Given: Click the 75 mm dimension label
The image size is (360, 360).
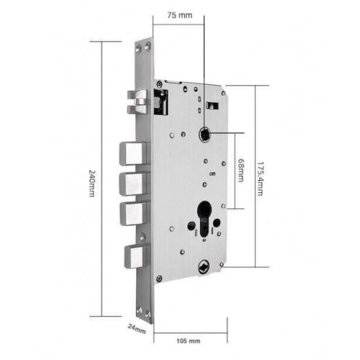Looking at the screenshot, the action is (180, 15).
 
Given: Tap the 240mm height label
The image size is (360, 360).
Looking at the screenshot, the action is (92, 184).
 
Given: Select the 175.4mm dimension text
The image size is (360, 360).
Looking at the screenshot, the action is (260, 179).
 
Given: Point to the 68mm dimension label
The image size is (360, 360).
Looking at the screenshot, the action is (240, 171).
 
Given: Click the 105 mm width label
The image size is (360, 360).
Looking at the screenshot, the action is (189, 341).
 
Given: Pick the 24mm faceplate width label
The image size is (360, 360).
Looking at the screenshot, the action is (137, 329).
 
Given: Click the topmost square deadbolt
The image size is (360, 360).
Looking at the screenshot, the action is (133, 153).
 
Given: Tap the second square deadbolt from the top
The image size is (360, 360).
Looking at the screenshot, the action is (134, 184).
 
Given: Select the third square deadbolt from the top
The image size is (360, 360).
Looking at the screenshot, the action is (134, 214).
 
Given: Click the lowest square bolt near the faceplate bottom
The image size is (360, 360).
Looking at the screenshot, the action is (136, 257).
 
